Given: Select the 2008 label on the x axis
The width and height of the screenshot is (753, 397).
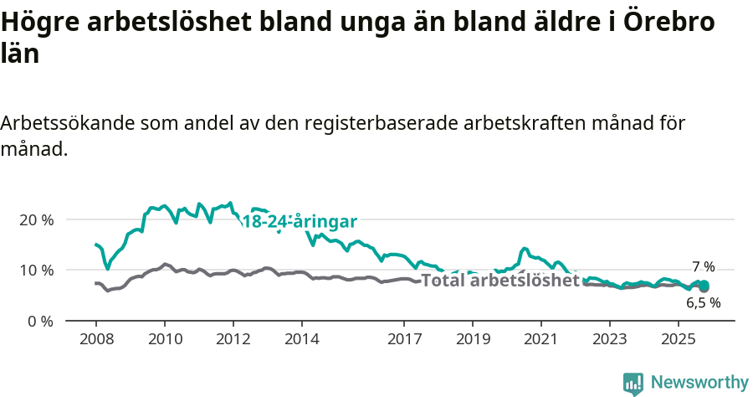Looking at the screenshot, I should click(x=95, y=340).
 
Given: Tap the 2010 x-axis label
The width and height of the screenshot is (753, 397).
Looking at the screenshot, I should click(x=164, y=340).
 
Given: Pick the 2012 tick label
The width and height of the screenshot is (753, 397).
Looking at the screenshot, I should click(x=233, y=340).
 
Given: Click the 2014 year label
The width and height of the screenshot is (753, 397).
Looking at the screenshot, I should click(x=301, y=340).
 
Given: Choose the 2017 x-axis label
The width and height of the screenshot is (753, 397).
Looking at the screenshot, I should click(x=404, y=340).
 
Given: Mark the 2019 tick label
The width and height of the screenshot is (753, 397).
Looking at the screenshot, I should click(x=473, y=340).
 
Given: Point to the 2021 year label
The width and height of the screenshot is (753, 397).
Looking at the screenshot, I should click(x=541, y=340).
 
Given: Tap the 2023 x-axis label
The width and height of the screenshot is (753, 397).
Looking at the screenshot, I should click(x=610, y=340).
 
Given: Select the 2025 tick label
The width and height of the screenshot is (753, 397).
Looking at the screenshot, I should click(x=679, y=340).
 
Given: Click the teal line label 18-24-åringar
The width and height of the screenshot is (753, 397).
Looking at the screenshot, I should click(x=300, y=222).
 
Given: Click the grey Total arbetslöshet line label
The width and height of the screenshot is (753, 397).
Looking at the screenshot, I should click(x=499, y=280).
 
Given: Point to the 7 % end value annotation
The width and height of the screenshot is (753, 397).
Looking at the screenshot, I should click(x=703, y=267).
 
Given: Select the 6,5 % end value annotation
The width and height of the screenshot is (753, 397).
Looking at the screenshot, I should click(x=703, y=303).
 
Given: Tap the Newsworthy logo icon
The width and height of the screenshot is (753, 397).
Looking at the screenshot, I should click(x=633, y=384).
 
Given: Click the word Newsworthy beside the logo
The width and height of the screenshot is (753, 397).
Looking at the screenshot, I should click(x=699, y=383).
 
